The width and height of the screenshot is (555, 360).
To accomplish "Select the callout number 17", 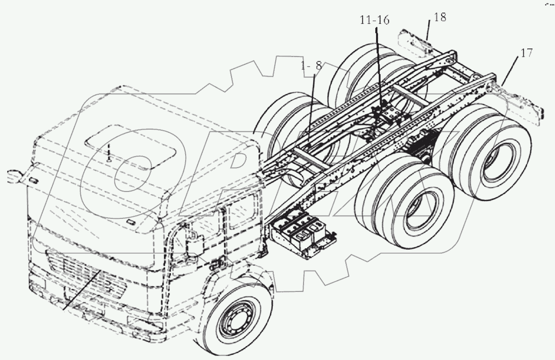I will (x=526, y=53).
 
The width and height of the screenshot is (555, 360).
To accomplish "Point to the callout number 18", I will (x=440, y=18).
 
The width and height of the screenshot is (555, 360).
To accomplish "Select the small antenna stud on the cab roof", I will (x=109, y=156).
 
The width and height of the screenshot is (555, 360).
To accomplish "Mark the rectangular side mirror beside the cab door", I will (x=194, y=245).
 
